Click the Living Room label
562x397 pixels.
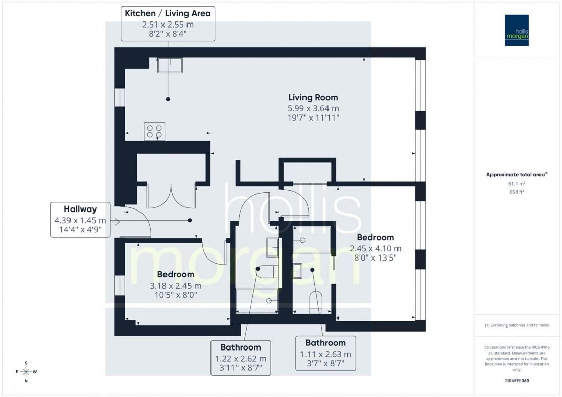click(313, 97)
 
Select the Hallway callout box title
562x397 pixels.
click(80, 209)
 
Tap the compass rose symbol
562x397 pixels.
click(26, 371)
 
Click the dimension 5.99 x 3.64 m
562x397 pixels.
click(313, 108)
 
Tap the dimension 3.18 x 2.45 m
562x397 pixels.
click(175, 286)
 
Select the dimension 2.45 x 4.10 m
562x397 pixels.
click(375, 248)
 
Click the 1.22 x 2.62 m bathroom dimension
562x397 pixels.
click(241, 358)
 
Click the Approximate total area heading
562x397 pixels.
click(517, 174)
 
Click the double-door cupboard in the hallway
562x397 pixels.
click(171, 194)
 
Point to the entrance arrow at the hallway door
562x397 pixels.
click(113, 222)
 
